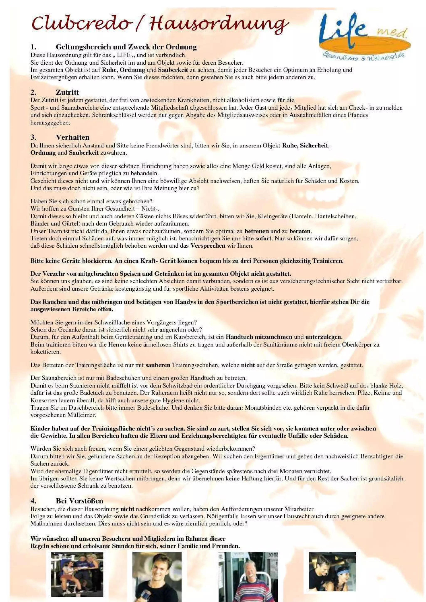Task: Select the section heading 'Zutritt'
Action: coord(67,92)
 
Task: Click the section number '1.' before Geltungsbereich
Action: coord(33,47)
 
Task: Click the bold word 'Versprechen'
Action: coord(208,246)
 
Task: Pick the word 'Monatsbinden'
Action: coord(261,408)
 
